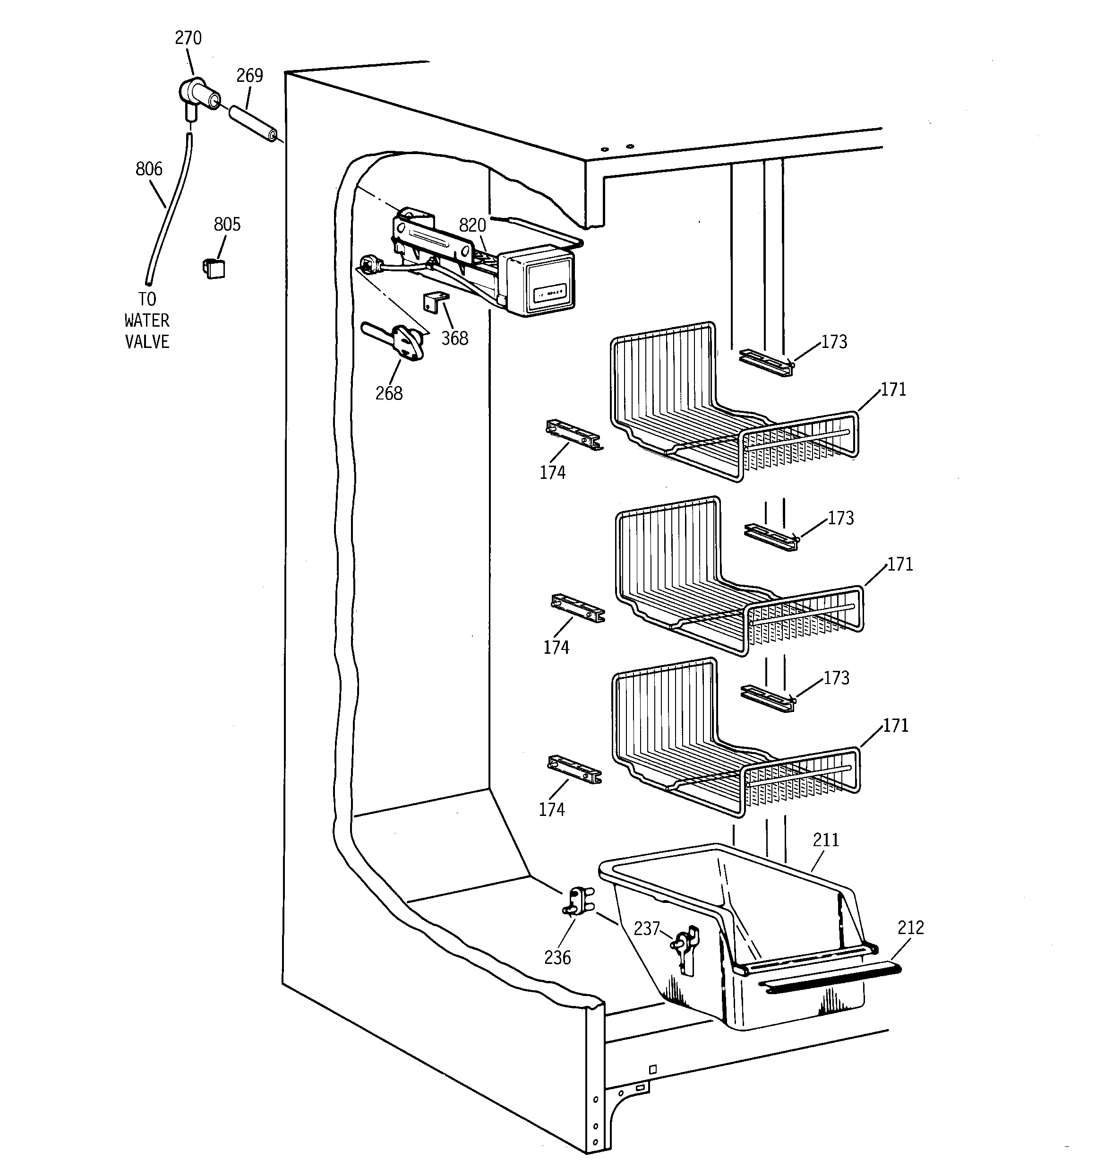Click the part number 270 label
click(188, 38)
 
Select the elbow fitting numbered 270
click(197, 96)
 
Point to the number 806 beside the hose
click(149, 170)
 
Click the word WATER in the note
click(147, 321)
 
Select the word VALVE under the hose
click(147, 342)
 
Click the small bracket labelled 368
click(435, 303)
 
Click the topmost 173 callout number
click(834, 342)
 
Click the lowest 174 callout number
click(552, 810)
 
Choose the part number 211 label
click(826, 840)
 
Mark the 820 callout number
click(472, 225)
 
